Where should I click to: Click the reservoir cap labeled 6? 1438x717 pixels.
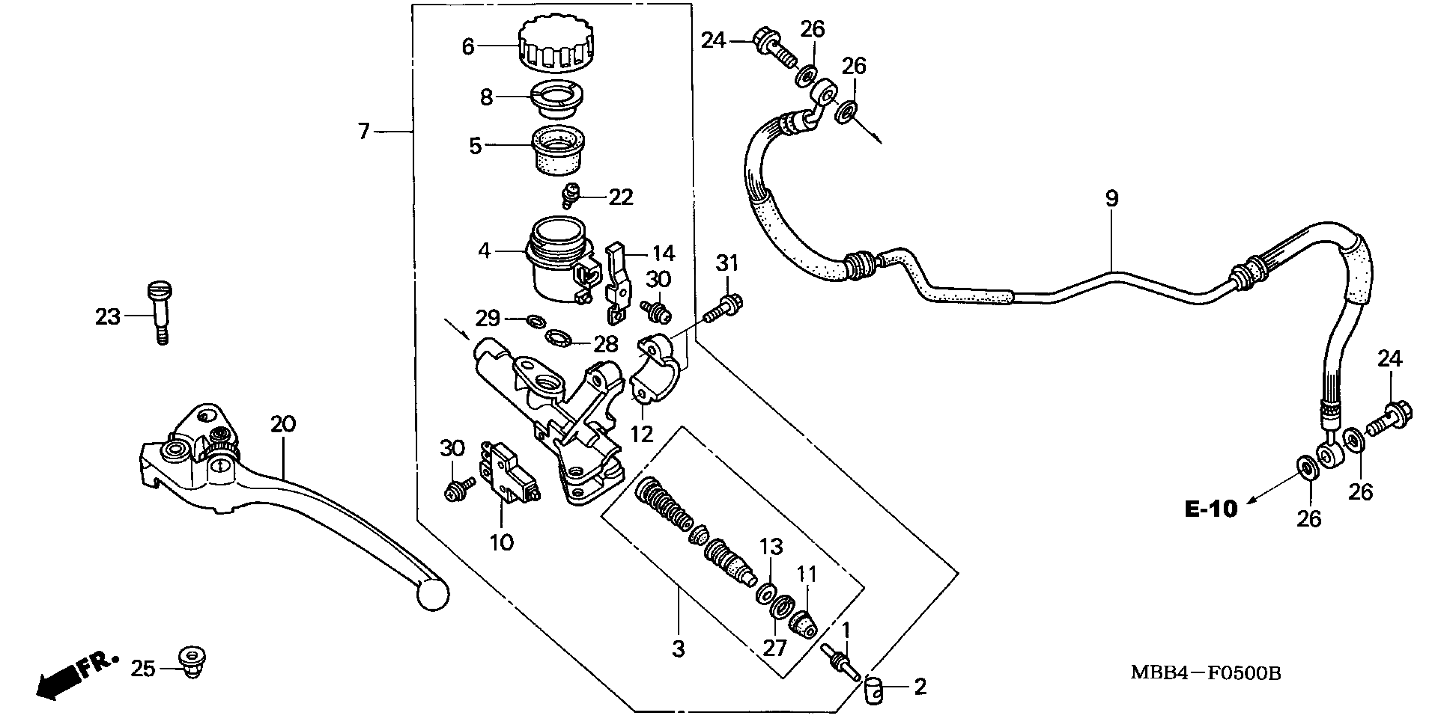click(x=555, y=46)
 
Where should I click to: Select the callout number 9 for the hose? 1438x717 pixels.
click(x=1111, y=199)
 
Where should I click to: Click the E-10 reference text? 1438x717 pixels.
click(x=1210, y=509)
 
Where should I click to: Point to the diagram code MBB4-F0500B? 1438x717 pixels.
click(x=1206, y=674)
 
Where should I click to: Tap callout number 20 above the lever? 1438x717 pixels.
click(x=283, y=425)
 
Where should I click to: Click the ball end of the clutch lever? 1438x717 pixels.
click(x=433, y=595)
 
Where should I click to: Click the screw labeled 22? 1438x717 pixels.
click(x=570, y=195)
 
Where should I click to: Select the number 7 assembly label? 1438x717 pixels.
click(x=364, y=132)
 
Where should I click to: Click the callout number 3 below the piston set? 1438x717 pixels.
click(x=678, y=649)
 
